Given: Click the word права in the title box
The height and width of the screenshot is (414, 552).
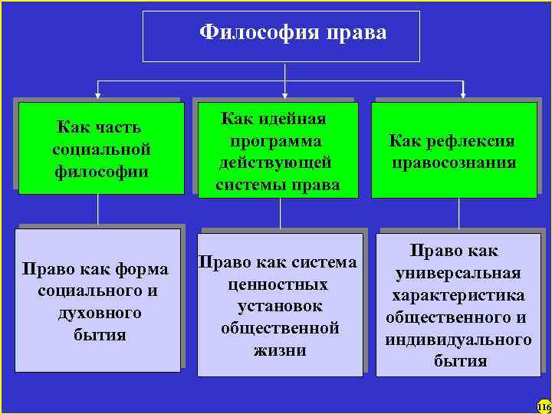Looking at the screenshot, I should pyautogui.click(x=356, y=32).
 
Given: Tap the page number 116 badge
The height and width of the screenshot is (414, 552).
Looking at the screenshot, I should pyautogui.click(x=544, y=406).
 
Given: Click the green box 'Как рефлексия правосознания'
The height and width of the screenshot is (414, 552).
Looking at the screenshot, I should pyautogui.click(x=454, y=151).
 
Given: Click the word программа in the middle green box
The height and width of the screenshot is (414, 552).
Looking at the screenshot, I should pyautogui.click(x=278, y=141).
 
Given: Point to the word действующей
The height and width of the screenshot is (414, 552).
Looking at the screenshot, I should pyautogui.click(x=278, y=163).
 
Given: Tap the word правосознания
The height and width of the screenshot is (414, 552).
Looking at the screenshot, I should pyautogui.click(x=454, y=163).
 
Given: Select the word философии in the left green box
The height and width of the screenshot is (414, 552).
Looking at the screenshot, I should pyautogui.click(x=102, y=169).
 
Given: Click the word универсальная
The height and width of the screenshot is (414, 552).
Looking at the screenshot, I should pyautogui.click(x=458, y=273).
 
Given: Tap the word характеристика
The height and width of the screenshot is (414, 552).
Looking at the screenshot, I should pyautogui.click(x=458, y=295).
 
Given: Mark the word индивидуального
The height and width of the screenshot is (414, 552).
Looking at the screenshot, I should pyautogui.click(x=458, y=339).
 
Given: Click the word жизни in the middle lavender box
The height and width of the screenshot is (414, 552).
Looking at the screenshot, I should pyautogui.click(x=279, y=350).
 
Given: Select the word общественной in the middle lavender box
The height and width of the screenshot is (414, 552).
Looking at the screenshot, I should pyautogui.click(x=279, y=328).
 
